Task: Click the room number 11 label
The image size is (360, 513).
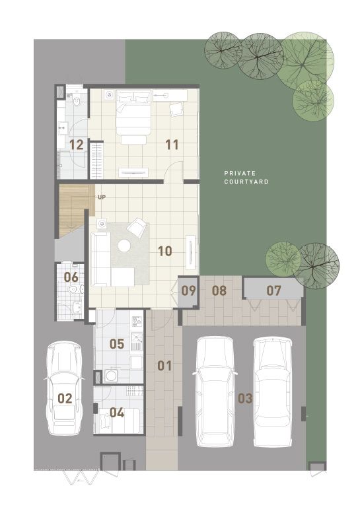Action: click(x=172, y=145)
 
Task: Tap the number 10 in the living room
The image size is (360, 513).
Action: click(x=165, y=251)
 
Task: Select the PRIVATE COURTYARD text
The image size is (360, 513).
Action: click(x=246, y=178)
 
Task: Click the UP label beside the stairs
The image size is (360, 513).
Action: click(x=102, y=197)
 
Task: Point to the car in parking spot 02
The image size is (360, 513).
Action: click(x=64, y=388)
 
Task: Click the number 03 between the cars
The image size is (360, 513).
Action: click(x=245, y=398)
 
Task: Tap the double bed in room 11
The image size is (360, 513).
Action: click(x=133, y=117)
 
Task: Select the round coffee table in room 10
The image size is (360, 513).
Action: click(x=124, y=246)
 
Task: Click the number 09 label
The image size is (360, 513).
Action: click(x=188, y=291)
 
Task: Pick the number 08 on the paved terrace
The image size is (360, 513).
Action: click(x=219, y=291)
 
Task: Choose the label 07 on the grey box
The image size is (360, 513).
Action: click(x=273, y=291)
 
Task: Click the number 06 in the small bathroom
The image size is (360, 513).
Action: click(x=71, y=277)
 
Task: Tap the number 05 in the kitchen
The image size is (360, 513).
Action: click(x=117, y=344)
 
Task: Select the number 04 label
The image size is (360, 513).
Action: click(x=117, y=413)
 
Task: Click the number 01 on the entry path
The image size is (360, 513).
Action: click(x=164, y=366)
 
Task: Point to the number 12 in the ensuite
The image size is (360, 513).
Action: click(x=77, y=145)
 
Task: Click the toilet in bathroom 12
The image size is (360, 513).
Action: click(x=77, y=101)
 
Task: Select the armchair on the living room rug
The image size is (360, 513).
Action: click(x=137, y=226)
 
